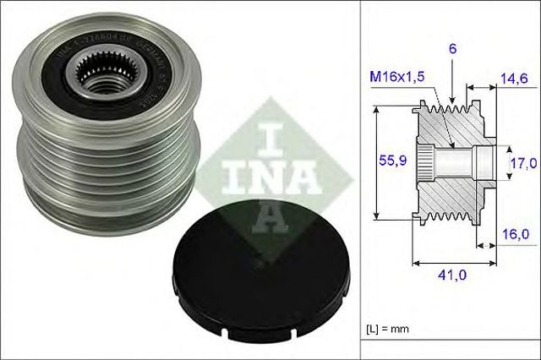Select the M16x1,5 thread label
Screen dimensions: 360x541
pos(396,79)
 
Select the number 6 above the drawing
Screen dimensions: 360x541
pos(453,50)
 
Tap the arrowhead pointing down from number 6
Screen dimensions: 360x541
pos(453,96)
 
